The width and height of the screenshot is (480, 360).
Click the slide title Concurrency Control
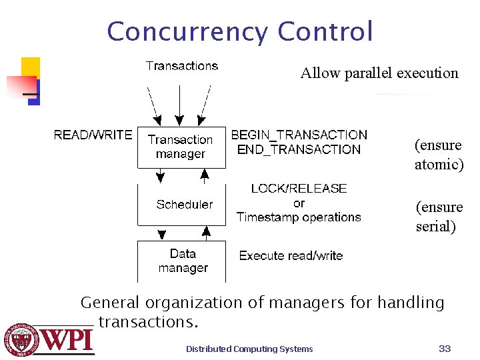tap(240, 31)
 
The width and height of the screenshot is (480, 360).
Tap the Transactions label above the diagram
tap(182, 66)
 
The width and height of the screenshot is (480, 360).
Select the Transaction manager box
tap(181, 147)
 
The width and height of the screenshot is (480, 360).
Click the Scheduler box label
tap(185, 204)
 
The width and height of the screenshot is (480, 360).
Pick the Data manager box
tap(183, 261)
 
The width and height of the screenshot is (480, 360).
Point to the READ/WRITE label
tap(93, 135)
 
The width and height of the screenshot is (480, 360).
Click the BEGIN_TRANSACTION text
tap(299, 135)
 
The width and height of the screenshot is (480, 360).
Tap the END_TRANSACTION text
tap(299, 150)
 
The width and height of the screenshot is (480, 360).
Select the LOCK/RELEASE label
tap(299, 189)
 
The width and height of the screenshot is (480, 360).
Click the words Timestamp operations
tap(299, 217)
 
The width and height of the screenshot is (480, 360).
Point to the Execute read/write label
tap(291, 255)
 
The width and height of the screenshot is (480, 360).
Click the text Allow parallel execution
tap(379, 73)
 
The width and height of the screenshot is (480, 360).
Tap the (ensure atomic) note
tap(439, 155)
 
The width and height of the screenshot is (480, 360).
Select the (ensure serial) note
tap(439, 217)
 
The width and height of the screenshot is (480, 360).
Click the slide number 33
tap(445, 348)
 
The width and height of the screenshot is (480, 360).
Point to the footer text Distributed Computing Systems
tap(249, 349)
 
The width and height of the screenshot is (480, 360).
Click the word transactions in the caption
tap(148, 322)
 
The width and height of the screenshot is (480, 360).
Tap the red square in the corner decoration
tap(20, 86)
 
